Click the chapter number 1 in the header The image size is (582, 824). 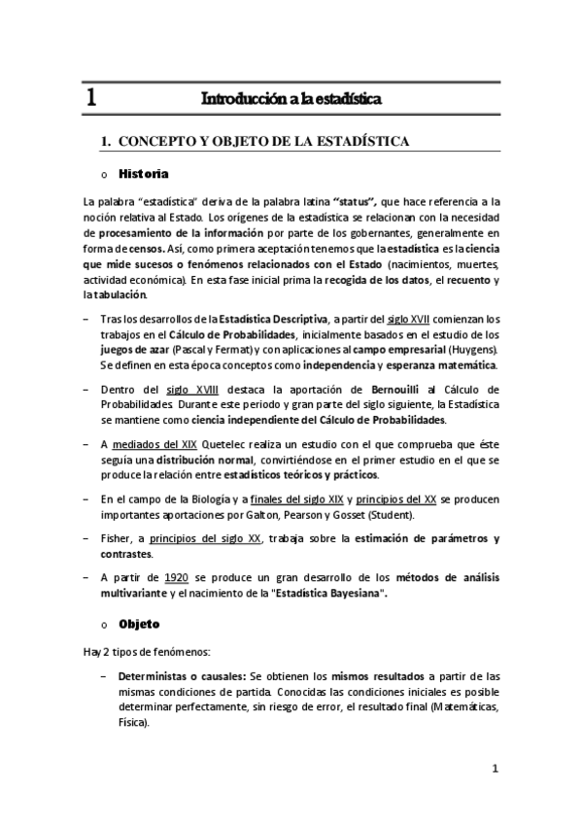click(90, 98)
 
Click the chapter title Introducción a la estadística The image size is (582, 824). click(291, 99)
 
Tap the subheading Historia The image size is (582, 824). click(143, 174)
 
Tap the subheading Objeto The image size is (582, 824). click(139, 623)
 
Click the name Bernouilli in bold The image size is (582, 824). click(365, 390)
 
